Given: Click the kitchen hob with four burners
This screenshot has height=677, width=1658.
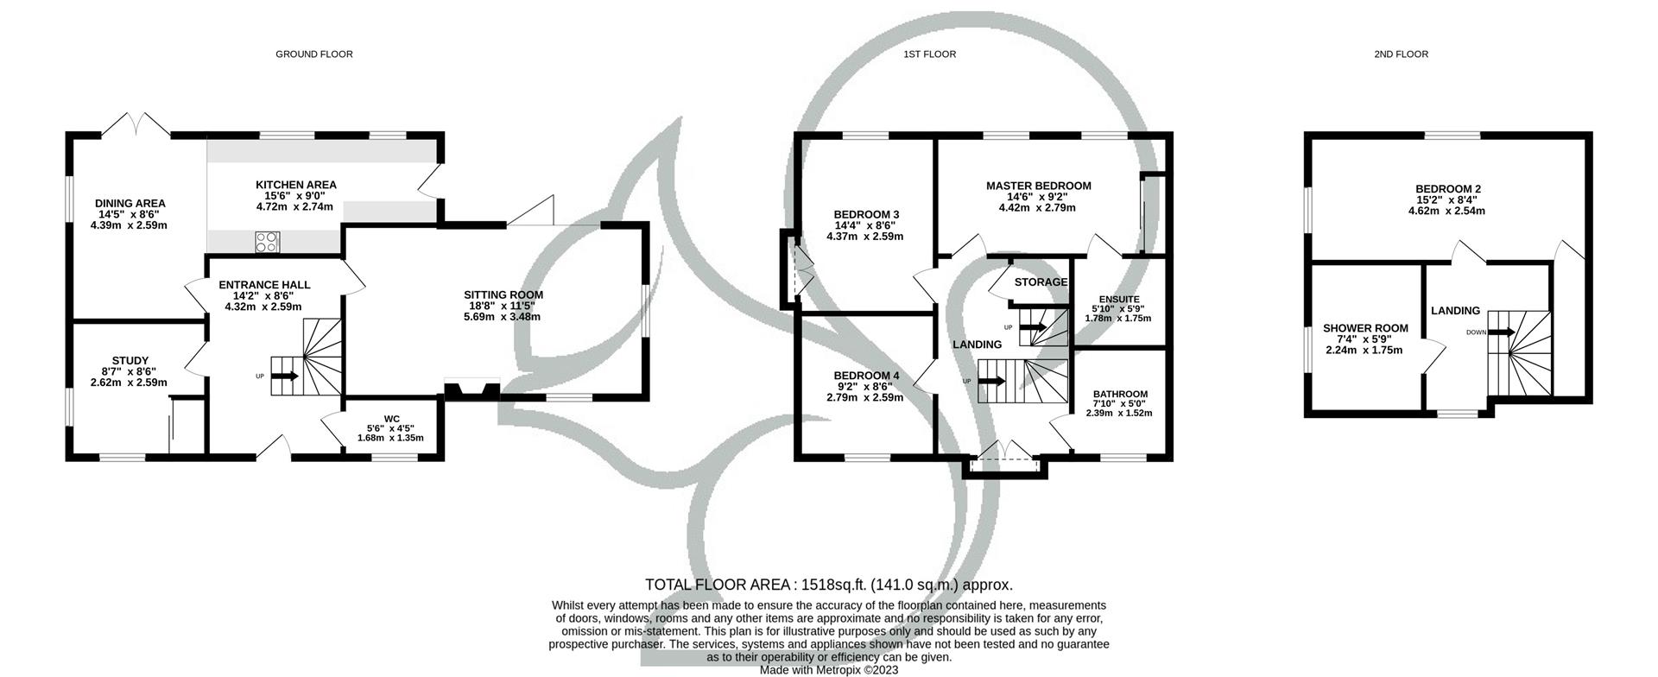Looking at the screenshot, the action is pos(268,243).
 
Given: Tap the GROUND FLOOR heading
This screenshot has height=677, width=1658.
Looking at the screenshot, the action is pos(314,54).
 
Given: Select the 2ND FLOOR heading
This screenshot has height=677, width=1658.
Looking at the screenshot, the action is pos(1401,54).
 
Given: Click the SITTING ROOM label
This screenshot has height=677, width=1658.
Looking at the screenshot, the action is pos(503,295).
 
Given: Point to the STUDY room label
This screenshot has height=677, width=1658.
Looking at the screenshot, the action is pos(130,361).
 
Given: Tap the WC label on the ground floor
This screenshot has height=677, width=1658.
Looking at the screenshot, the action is pos(392,419).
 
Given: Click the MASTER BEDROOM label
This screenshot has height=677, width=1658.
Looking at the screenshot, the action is pos(1039,186).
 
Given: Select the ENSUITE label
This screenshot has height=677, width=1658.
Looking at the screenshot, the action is pos(1119,300).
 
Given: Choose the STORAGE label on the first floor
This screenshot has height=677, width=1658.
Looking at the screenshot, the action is pos(1041,282).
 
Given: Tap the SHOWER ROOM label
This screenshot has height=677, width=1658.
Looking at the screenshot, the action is pos(1365,328).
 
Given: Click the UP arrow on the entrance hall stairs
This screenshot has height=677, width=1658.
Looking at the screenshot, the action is pos(286,376).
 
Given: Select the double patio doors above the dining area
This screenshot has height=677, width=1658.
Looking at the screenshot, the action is pos(142,123).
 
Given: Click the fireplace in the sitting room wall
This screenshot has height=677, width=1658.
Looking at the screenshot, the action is pos(471,390).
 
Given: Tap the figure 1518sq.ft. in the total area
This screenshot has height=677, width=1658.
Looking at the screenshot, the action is pos(830,585).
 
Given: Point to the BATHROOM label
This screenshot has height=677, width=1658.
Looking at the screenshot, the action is pos(1120,395).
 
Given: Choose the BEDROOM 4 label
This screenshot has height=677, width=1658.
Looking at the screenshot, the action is pos(866,376).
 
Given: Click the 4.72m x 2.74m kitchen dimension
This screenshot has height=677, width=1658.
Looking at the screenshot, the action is pos(294,207).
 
